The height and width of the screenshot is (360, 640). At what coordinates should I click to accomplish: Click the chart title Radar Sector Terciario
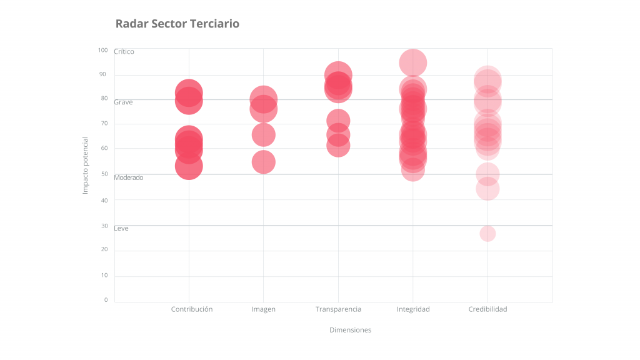coord(177,24)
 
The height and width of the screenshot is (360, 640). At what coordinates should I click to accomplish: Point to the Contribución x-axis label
coord(192,309)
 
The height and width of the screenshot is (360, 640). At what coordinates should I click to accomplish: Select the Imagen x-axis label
coord(263,309)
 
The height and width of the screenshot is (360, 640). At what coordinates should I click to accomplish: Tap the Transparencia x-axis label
coord(338,309)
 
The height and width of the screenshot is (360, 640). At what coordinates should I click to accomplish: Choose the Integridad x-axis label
coord(413,309)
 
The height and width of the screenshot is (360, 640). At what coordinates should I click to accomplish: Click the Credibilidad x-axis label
coord(487,309)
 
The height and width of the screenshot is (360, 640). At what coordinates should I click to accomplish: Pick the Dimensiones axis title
coord(350,330)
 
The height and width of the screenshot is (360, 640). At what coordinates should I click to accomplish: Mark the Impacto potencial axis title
coord(86,166)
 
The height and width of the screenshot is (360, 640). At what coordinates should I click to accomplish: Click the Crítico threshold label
coord(124,52)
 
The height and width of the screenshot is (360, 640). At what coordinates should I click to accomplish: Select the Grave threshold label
coord(123,102)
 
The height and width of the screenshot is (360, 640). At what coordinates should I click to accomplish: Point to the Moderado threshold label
coord(128,177)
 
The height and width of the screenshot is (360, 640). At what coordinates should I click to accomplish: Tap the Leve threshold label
coord(121,229)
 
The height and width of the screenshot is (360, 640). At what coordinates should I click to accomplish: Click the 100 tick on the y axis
coord(102,50)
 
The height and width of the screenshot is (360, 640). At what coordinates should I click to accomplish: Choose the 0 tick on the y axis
coord(106,300)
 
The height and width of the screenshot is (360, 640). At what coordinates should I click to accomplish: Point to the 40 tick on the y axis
coord(104,200)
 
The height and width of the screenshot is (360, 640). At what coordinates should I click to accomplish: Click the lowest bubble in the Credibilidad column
coord(487,234)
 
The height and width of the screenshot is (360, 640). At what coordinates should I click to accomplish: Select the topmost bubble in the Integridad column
coord(413,62)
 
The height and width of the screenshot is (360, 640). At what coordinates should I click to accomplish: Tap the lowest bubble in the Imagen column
coord(264,162)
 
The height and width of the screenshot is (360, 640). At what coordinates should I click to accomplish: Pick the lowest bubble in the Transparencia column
coord(338,146)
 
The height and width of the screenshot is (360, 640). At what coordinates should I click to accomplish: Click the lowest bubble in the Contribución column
coord(189,166)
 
